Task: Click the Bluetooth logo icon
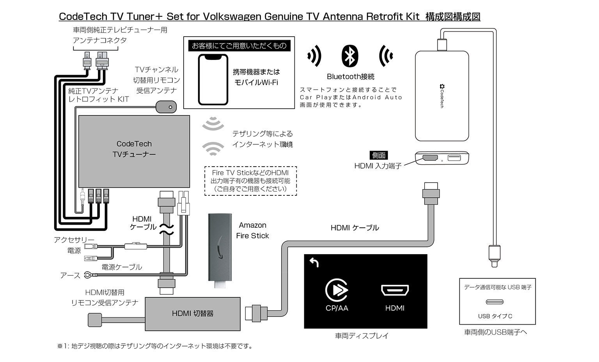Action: [x=350, y=56]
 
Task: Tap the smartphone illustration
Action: [x=213, y=79]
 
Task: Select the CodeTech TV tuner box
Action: [x=134, y=151]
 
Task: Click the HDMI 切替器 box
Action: [x=193, y=314]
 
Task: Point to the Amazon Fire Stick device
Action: [x=220, y=250]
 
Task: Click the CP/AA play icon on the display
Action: [x=337, y=290]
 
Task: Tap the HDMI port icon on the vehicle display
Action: [x=395, y=290]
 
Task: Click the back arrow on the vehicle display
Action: [x=314, y=262]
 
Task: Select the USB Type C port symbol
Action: [x=494, y=302]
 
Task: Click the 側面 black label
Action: [x=378, y=155]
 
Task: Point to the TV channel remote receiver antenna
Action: [x=166, y=107]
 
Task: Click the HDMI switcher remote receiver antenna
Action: [x=95, y=320]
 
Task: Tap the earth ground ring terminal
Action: [x=89, y=275]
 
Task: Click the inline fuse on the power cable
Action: [x=136, y=246]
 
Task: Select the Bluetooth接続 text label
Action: [x=350, y=77]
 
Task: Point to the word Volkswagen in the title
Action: [x=232, y=17]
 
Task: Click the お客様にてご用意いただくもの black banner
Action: [x=239, y=46]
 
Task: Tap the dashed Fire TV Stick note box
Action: [x=251, y=181]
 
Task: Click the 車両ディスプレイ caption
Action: [x=362, y=336]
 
